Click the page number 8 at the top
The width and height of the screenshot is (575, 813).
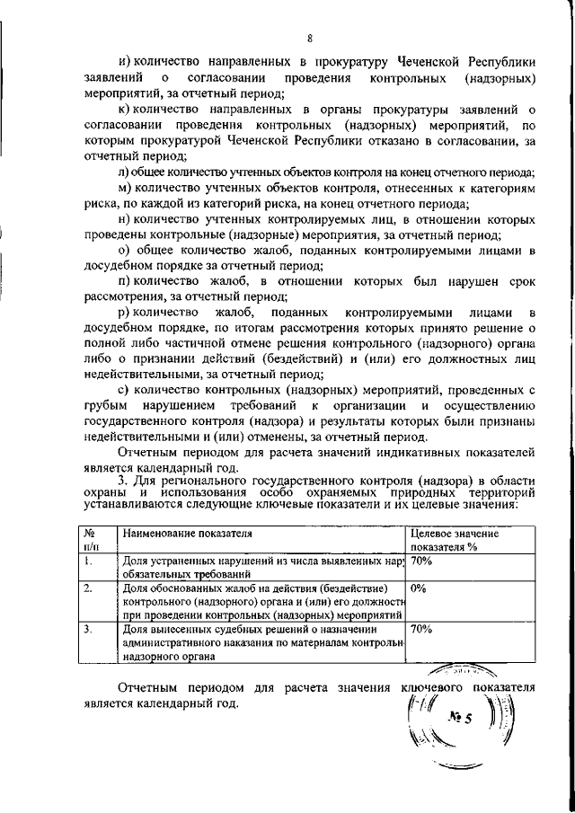pyautogui.click(x=309, y=38)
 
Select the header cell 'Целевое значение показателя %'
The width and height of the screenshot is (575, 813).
pyautogui.click(x=455, y=540)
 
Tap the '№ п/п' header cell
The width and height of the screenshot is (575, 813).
pyautogui.click(x=90, y=540)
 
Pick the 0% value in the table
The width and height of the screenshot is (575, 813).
pyautogui.click(x=419, y=589)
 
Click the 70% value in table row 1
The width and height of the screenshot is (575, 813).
pyautogui.click(x=421, y=561)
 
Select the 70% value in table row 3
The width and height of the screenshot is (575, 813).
pyautogui.click(x=421, y=631)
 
